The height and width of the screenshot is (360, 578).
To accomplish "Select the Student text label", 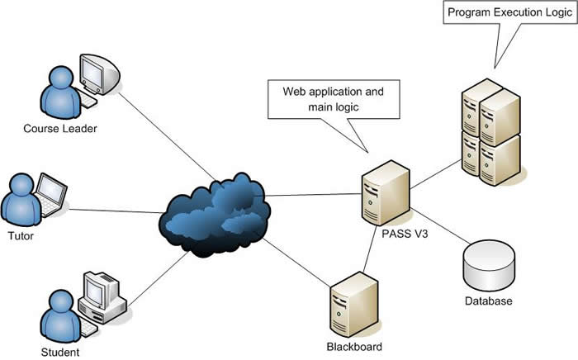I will point(59,353).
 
